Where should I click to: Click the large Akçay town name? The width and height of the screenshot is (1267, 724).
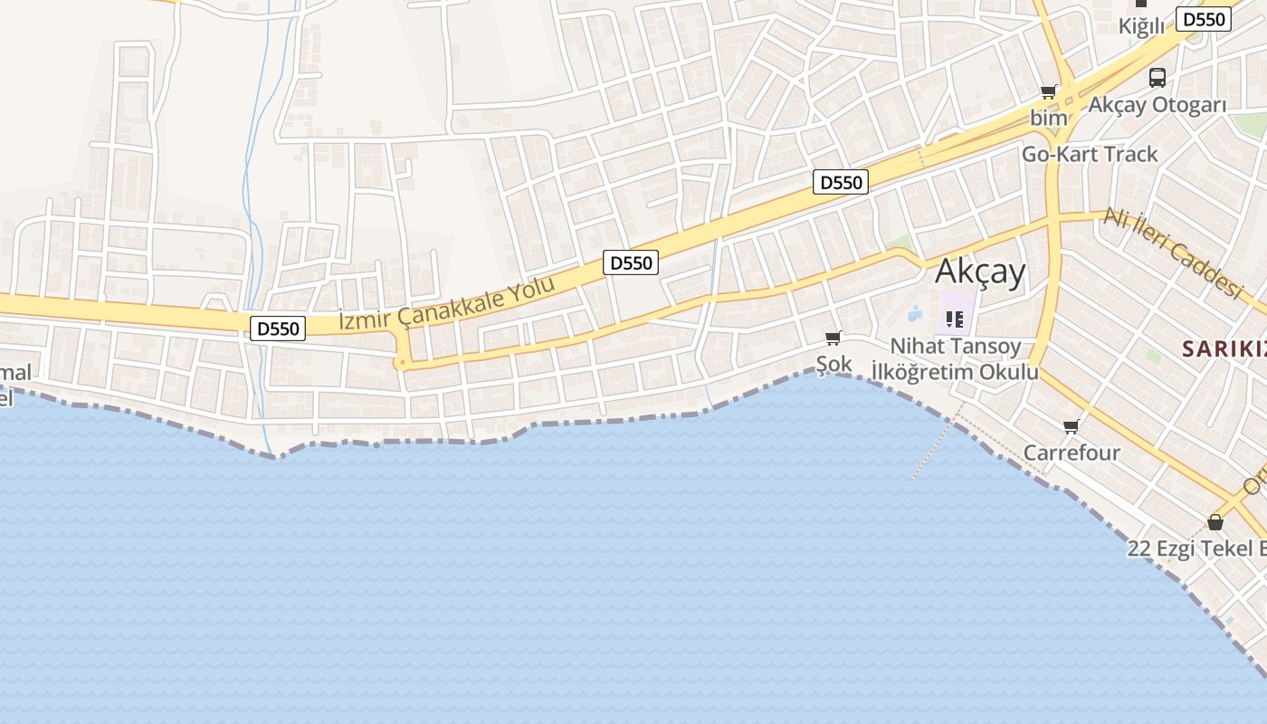[x=980, y=271]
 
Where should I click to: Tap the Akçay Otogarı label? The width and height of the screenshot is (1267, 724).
[x=1157, y=105]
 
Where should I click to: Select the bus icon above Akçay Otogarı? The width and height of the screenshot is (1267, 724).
[x=1157, y=78]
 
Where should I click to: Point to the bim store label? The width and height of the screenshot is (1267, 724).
[x=1048, y=118]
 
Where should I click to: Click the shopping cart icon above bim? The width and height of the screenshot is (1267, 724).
[x=1048, y=90]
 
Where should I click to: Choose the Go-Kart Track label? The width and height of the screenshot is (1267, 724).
[x=1089, y=154]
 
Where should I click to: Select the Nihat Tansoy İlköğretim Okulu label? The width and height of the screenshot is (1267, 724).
[x=955, y=358]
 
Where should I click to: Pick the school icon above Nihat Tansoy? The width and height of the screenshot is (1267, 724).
[x=954, y=319]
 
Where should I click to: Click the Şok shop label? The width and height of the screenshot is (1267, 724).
[x=834, y=365]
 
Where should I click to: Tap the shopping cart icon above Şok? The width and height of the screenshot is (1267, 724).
[x=833, y=338]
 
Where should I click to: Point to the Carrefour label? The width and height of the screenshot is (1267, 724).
[x=1072, y=452]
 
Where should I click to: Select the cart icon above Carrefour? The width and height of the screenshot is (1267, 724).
[x=1072, y=426]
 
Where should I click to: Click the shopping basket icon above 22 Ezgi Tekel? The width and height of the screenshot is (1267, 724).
[x=1215, y=522]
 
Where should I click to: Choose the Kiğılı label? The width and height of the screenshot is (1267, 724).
[x=1141, y=26]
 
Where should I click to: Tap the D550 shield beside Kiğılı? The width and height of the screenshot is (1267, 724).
[x=1204, y=19]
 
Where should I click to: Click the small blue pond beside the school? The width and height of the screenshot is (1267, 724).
[x=914, y=315]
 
